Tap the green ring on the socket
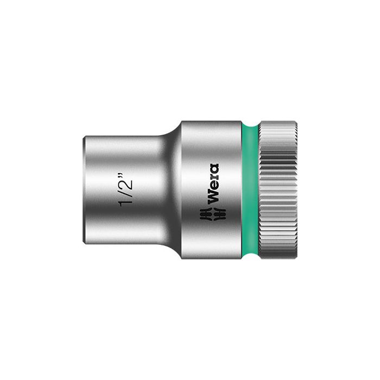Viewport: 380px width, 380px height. click(249, 190)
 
